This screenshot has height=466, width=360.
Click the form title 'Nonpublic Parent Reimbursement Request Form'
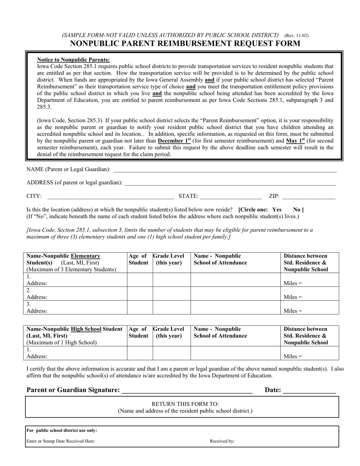click(185, 44)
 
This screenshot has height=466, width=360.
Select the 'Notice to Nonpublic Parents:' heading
click(73, 59)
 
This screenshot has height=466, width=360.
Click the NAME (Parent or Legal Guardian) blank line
click(225, 170)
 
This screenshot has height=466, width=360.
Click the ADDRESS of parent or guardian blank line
click(230, 183)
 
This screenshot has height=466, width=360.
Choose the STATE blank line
click(231, 196)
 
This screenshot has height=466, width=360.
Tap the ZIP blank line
click(309, 196)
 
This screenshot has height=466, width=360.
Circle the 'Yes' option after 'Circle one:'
click(277, 210)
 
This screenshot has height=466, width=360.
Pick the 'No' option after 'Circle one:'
click(297, 210)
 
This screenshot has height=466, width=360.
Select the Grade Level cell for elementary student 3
click(171, 307)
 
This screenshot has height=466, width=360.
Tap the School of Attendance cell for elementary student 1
click(235, 280)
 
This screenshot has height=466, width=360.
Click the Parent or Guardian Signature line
click(187, 390)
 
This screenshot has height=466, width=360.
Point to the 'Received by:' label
click(222, 441)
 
